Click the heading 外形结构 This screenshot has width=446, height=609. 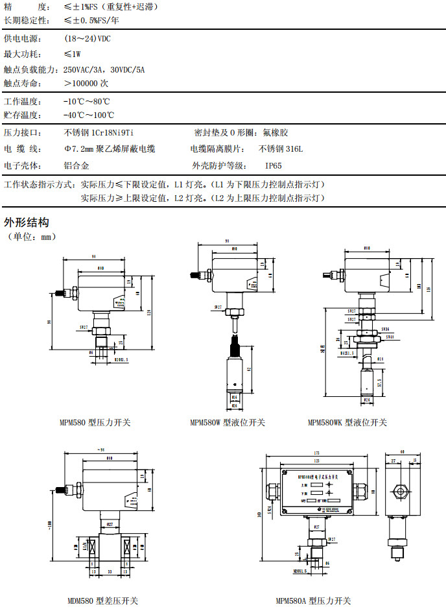[27, 222]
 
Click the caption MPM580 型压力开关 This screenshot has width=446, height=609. [95, 422]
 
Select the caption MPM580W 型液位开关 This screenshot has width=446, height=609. [228, 422]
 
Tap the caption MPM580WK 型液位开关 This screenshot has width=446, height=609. [347, 422]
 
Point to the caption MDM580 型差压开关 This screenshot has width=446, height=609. [102, 601]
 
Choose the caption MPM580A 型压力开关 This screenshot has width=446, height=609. [314, 601]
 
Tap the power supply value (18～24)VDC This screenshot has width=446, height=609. [88, 39]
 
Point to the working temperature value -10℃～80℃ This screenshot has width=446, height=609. [86, 102]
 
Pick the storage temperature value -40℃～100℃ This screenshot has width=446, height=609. [89, 115]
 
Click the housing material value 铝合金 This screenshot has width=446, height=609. [76, 165]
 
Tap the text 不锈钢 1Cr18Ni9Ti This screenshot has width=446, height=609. [99, 132]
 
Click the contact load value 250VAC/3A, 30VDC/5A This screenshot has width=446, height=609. [104, 69]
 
